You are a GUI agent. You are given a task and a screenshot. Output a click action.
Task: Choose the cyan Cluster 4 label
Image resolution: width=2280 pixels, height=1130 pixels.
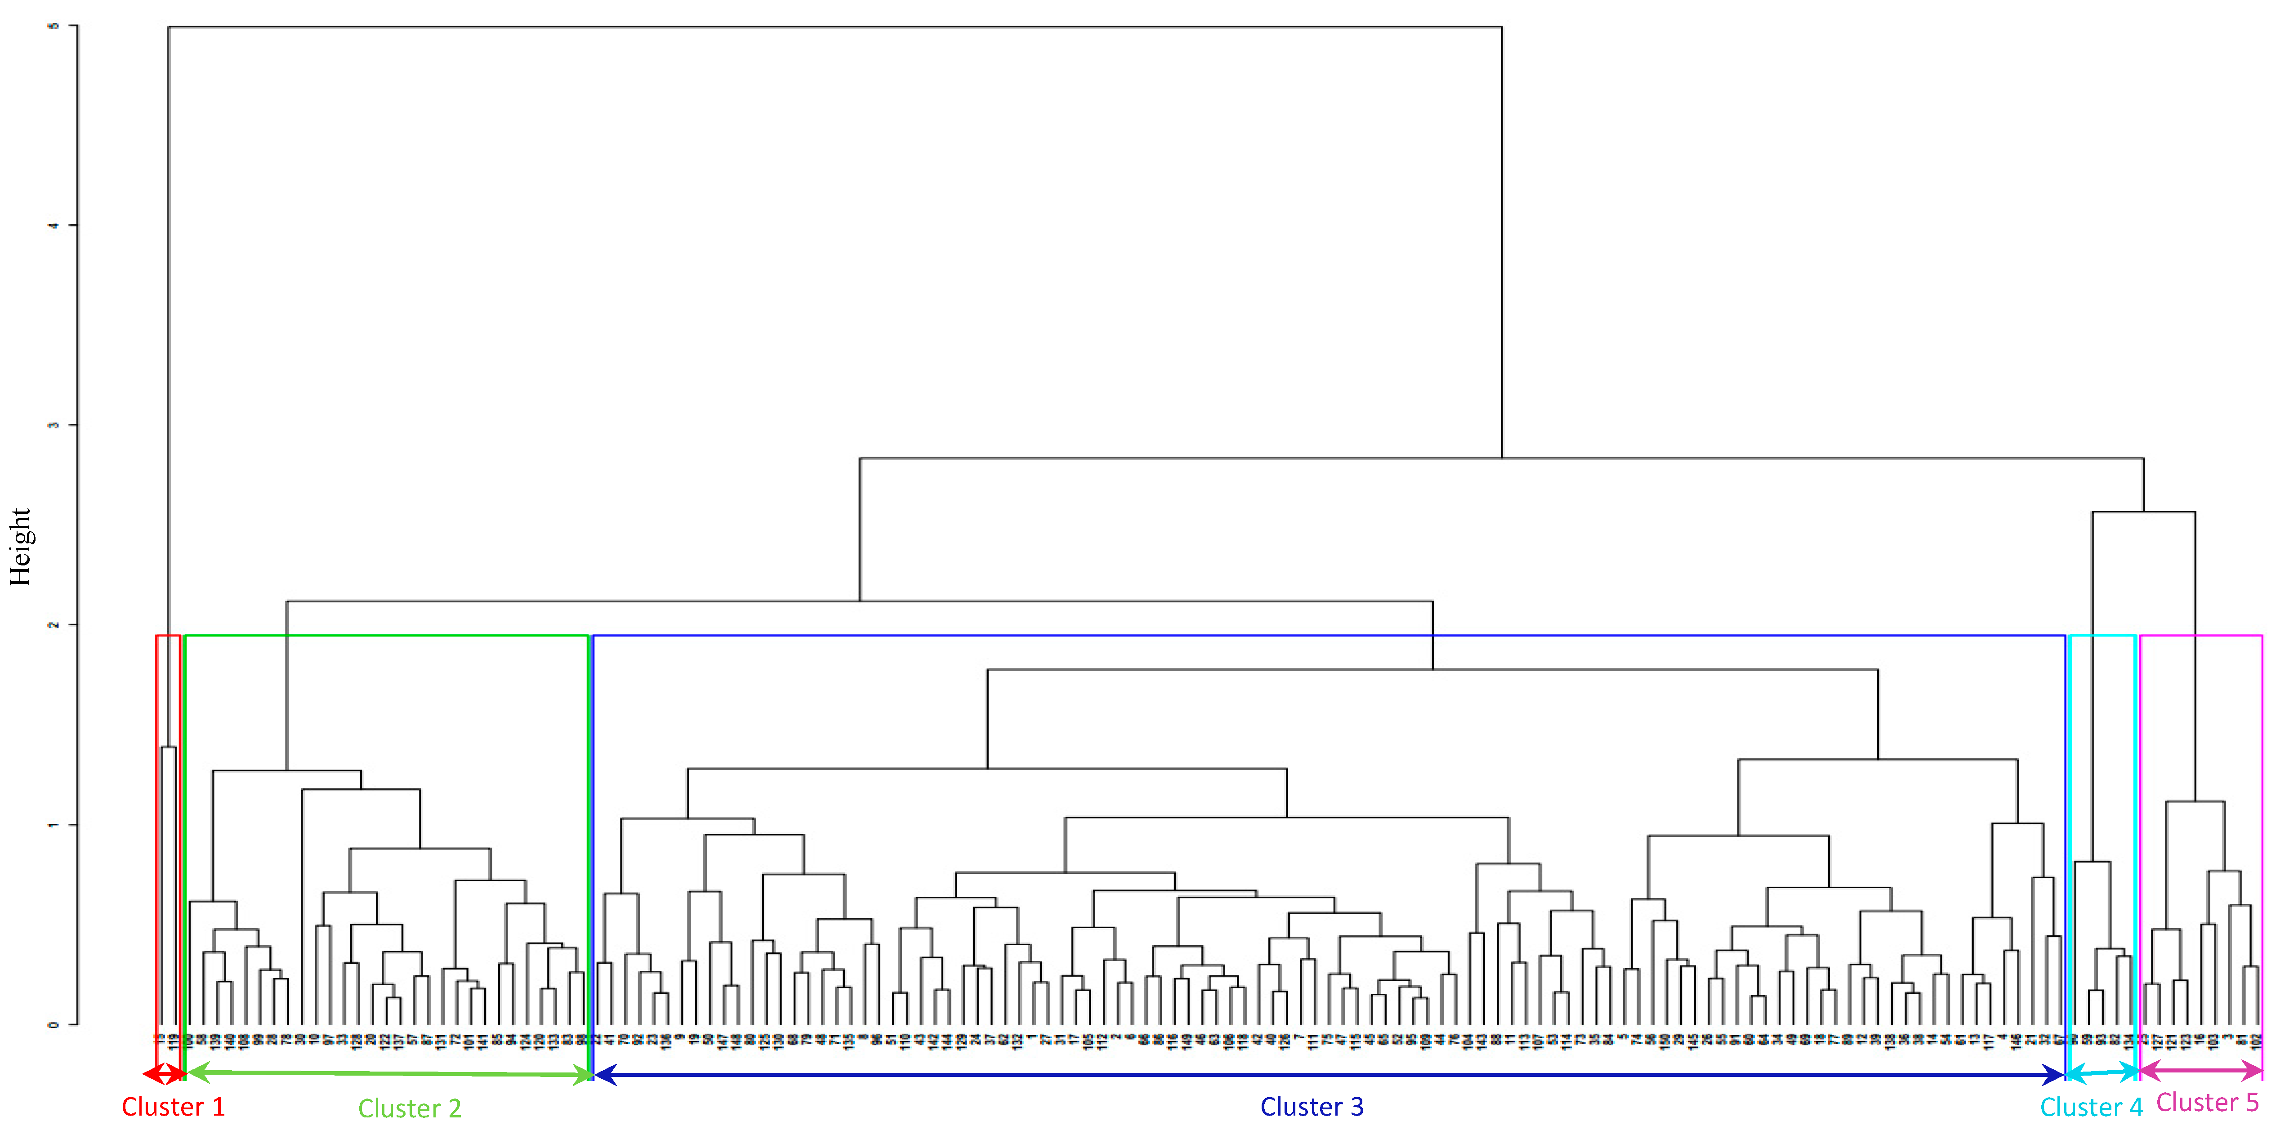click(x=2091, y=1107)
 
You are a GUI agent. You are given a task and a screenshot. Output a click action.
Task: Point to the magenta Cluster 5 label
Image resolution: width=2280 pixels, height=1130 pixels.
click(x=2208, y=1103)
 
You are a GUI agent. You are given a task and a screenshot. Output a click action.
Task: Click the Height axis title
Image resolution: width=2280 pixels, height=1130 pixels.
click(x=19, y=547)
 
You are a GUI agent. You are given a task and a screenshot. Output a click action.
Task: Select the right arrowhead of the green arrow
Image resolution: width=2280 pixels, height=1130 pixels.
click(x=582, y=1075)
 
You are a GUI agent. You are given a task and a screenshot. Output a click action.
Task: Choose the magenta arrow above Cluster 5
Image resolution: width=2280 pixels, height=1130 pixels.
click(x=2201, y=1072)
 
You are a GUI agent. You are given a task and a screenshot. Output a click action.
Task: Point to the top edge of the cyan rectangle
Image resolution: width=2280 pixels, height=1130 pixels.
click(x=2103, y=636)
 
